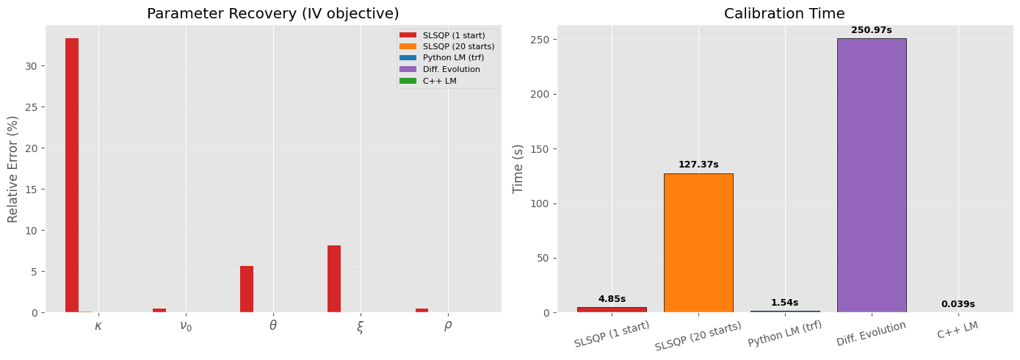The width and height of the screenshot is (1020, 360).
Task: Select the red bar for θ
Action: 247,289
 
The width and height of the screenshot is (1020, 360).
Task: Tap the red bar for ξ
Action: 334,279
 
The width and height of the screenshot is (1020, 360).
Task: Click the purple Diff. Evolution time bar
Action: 871,176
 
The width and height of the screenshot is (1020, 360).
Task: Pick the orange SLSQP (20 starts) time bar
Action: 698,243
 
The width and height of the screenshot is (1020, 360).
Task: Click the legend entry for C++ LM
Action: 439,81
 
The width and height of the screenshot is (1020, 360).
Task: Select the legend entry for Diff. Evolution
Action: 451,69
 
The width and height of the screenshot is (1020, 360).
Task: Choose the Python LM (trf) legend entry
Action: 453,57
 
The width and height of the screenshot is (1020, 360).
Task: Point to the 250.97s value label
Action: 871,30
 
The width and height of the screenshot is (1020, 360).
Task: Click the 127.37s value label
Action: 698,165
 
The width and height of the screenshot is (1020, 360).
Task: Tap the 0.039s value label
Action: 958,304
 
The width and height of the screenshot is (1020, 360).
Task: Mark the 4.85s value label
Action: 612,299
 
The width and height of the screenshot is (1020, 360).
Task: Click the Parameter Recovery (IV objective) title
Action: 273,13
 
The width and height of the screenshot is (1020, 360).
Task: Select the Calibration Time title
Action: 784,13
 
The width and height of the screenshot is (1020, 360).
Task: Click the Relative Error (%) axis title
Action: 13,169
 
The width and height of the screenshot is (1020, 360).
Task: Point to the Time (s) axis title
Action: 518,169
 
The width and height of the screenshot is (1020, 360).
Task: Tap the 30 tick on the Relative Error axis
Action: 31,66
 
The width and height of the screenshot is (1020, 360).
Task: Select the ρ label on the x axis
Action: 448,325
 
